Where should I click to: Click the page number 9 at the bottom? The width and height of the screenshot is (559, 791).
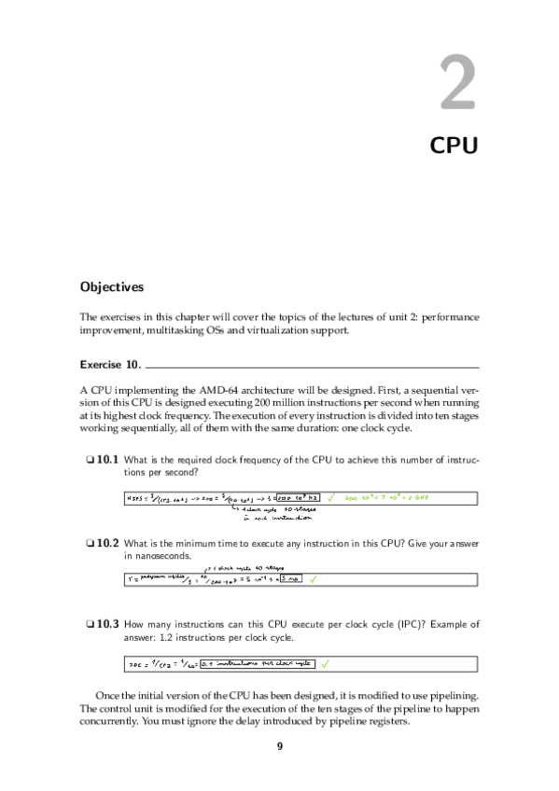point(279,746)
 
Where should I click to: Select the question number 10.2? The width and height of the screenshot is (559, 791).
point(107,542)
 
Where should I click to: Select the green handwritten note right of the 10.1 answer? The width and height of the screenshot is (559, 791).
point(392,498)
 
